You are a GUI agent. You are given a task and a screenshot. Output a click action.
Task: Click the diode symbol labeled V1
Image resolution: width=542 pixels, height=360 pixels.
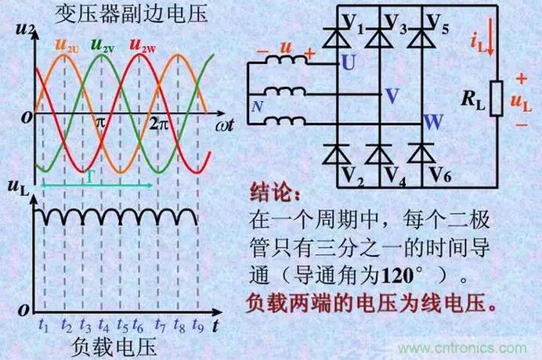tap(337, 38)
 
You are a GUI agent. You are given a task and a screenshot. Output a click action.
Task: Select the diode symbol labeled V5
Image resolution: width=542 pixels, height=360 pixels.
tap(422, 38)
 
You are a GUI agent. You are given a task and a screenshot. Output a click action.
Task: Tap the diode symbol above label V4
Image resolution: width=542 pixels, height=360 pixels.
tap(380, 153)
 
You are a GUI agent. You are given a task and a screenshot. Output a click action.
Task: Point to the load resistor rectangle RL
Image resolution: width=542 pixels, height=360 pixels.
tap(497, 98)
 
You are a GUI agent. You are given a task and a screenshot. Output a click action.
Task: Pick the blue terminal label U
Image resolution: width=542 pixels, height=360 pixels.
tap(349, 62)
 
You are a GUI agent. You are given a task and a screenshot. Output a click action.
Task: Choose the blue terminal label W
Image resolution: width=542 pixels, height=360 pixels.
tap(433, 122)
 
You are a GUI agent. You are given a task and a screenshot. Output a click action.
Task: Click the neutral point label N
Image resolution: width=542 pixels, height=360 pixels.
tap(257, 106)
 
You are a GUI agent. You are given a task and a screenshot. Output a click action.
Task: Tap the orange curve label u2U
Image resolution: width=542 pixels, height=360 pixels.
tap(67, 45)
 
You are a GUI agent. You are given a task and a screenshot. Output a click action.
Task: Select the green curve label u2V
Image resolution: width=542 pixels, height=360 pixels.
tap(103, 45)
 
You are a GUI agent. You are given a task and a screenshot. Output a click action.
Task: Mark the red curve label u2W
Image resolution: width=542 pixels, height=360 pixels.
tap(143, 45)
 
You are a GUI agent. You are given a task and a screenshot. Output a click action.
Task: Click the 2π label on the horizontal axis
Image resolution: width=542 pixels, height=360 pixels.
tap(159, 124)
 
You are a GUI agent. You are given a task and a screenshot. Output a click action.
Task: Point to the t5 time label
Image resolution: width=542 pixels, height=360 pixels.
tap(122, 325)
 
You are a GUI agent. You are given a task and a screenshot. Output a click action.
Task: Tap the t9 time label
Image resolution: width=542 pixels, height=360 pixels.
tap(198, 325)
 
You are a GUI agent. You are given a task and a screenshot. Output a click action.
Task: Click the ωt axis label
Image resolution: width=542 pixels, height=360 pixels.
tap(225, 125)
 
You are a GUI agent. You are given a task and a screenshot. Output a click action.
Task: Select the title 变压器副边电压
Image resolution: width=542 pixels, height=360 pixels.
tap(132, 14)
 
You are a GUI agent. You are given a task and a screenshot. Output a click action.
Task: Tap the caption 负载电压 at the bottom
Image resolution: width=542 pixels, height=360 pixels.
tap(114, 347)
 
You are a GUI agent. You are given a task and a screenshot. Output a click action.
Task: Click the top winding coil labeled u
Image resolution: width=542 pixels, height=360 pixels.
tap(286, 59)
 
